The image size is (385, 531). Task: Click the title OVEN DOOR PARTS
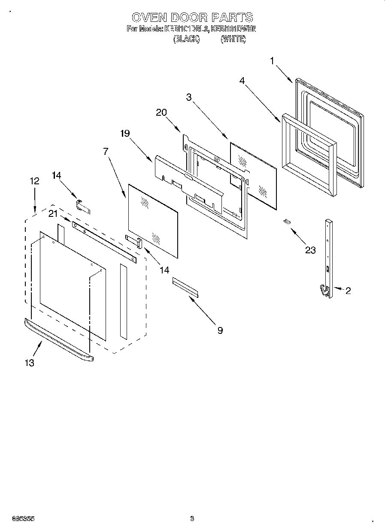tap(192, 17)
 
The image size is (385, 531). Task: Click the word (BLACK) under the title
tap(186, 39)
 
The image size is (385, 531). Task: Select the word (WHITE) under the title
tap(233, 39)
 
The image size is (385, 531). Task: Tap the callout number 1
tap(272, 61)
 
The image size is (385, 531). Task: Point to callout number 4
tap(243, 80)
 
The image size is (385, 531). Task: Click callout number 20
tap(161, 112)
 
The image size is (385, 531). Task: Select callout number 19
tap(124, 133)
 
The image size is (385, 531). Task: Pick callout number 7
tap(106, 151)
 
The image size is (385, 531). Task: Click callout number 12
tap(35, 181)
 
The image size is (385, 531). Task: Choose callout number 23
tap(310, 250)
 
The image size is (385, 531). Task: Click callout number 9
tap(220, 330)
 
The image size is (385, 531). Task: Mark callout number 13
tap(29, 363)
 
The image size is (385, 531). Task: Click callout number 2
tap(348, 291)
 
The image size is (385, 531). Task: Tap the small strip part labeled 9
tap(185, 287)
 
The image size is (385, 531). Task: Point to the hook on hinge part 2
tap(323, 290)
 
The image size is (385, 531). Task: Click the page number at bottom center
tap(192, 519)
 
